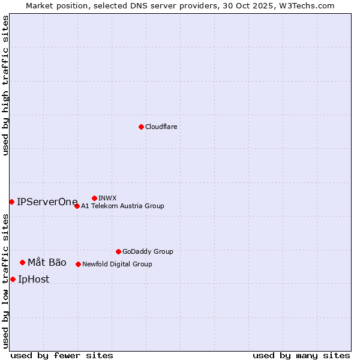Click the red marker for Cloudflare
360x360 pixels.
coord(141,127)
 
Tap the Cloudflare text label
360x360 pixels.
coord(161,127)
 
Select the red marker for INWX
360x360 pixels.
coord(94,198)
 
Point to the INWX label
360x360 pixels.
coord(108,198)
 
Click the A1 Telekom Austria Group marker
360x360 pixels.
coord(77,206)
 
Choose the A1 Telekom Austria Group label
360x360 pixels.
coord(122,206)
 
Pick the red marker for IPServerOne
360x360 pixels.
coord(11,202)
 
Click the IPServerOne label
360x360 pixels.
coord(47,202)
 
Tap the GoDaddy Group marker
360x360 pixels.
coord(118,251)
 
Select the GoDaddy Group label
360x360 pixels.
coord(148,252)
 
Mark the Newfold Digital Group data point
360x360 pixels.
coord(78,264)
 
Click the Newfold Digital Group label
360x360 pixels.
coord(117,265)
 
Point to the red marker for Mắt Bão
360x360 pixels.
coord(22,262)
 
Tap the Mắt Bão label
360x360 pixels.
coord(47,262)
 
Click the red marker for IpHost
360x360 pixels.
coord(13,279)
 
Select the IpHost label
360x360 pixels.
coord(34,279)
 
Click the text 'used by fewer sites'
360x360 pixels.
coord(62,355)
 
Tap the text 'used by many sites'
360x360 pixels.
coord(301,355)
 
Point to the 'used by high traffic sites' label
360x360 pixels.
coord(5,85)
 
